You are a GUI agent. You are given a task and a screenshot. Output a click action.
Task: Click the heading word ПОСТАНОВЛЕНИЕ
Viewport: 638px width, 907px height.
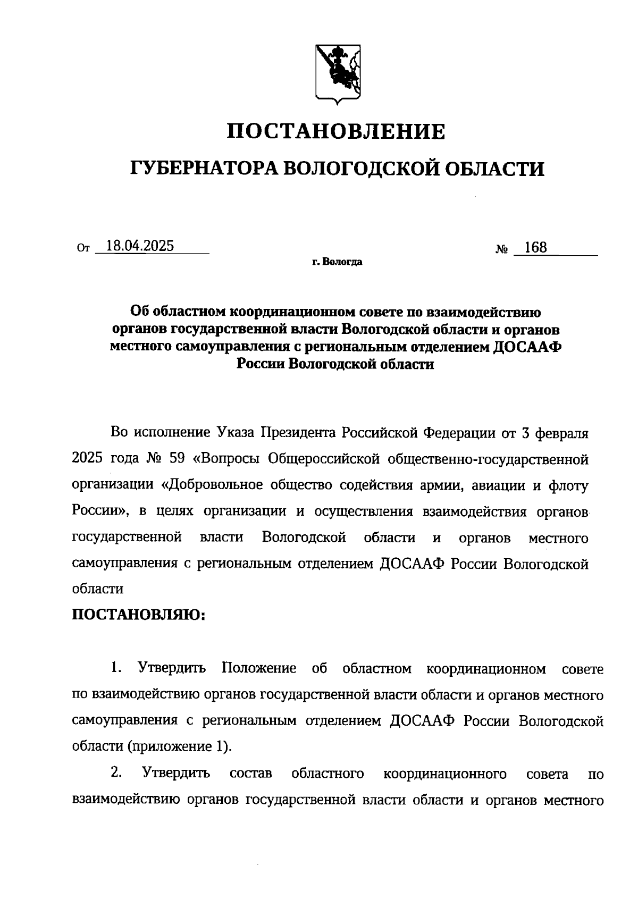(336, 131)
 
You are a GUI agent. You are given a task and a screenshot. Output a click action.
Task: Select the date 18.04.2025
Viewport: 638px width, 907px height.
(140, 246)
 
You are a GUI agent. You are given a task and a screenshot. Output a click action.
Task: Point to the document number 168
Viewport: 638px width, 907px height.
(535, 248)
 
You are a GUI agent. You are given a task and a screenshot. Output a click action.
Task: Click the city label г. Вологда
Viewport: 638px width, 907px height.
(337, 262)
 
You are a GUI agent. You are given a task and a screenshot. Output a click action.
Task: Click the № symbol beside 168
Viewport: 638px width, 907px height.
(501, 249)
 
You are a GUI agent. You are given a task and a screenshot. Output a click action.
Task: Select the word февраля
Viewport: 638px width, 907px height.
(563, 432)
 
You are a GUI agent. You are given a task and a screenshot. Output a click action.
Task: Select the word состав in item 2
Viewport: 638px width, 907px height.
(251, 773)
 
